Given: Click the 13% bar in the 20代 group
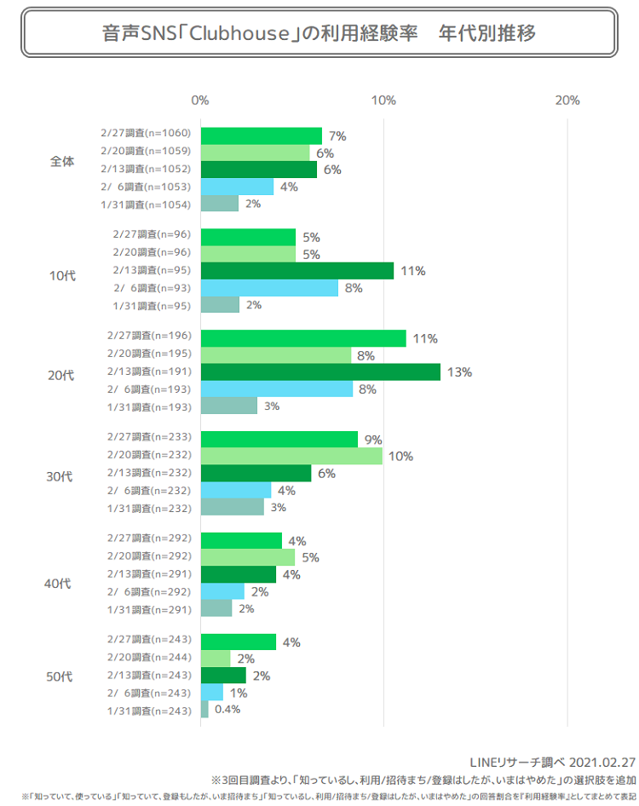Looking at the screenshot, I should point(320,371).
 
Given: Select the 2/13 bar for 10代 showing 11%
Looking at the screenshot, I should point(296,271).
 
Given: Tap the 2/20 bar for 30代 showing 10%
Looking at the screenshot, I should point(291,456).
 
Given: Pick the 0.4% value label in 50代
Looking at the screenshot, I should point(227,710).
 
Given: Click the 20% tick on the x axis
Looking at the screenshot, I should point(567,101).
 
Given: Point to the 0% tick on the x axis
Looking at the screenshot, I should point(200,101).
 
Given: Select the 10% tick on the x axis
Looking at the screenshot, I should point(384,101).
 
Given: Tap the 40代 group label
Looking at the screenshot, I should point(59,584).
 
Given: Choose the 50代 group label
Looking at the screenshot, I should point(59,676).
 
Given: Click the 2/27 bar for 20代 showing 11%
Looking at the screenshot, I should point(303,338).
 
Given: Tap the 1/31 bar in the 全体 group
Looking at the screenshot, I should point(219,204).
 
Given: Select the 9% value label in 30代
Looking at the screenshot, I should point(372,440).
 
